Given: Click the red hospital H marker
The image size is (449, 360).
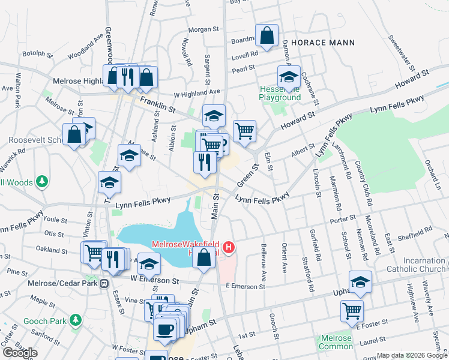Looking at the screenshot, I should (x=228, y=247).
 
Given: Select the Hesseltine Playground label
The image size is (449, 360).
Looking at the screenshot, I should (x=280, y=93).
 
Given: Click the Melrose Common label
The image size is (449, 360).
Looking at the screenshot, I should (x=336, y=342).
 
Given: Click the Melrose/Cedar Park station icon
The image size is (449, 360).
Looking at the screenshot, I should (x=104, y=283).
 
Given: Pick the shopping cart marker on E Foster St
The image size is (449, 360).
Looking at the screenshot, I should (x=352, y=310).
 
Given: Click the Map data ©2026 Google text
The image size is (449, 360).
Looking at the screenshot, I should (x=412, y=355).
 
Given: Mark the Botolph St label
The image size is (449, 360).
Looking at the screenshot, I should (x=34, y=53).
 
